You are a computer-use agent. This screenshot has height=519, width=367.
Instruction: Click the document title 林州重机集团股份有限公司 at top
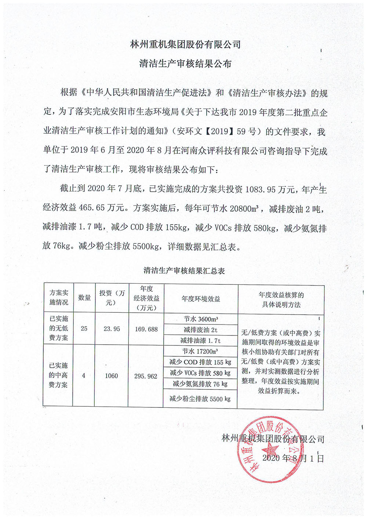point(185,44)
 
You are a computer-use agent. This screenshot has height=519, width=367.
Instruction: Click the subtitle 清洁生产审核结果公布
point(185,63)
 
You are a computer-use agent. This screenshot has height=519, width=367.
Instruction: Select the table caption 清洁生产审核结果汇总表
point(184,271)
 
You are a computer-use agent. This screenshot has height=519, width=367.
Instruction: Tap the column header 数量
point(84,298)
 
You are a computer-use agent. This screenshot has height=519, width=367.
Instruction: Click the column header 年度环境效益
point(201,299)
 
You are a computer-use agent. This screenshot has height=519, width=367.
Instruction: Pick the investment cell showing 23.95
point(112,329)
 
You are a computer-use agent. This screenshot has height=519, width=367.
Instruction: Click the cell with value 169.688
point(146,329)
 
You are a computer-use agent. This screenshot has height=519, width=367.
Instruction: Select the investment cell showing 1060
point(111,376)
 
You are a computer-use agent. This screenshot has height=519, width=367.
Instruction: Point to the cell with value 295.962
point(146,376)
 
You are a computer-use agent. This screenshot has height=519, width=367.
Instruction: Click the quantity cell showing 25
point(84,329)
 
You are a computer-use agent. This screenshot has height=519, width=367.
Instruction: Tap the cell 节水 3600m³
point(201,319)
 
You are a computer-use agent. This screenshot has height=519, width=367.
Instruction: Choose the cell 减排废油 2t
point(201,330)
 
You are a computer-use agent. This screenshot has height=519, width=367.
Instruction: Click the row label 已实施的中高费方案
point(58,375)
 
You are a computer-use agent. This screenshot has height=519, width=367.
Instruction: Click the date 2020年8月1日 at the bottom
point(293,458)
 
